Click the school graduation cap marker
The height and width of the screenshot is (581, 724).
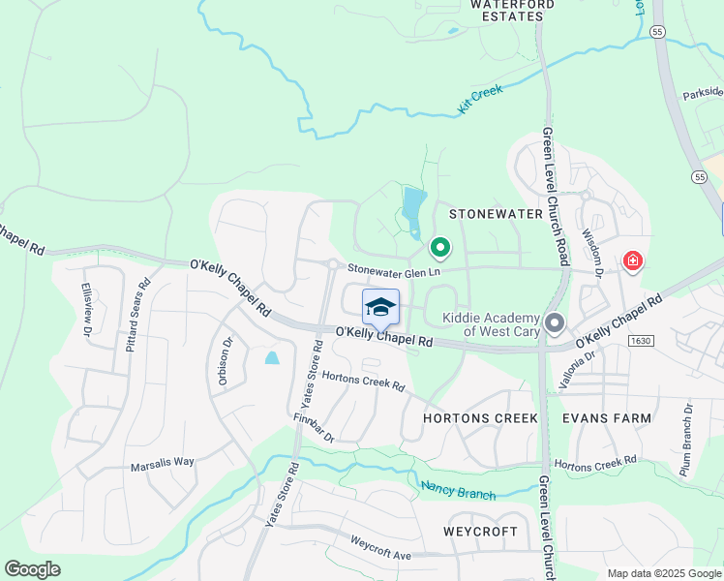tap(380, 307)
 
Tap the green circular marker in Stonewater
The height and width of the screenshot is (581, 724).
tap(440, 249)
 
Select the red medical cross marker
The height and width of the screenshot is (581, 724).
tap(633, 260)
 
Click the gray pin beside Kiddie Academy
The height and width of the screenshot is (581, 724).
tap(555, 322)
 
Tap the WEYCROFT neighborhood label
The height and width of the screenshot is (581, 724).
tap(481, 532)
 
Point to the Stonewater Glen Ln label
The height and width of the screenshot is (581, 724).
tap(394, 270)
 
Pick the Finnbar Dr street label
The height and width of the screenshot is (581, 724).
tap(314, 429)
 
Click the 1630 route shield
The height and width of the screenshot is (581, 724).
tap(640, 340)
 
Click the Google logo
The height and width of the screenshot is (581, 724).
tap(32, 569)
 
